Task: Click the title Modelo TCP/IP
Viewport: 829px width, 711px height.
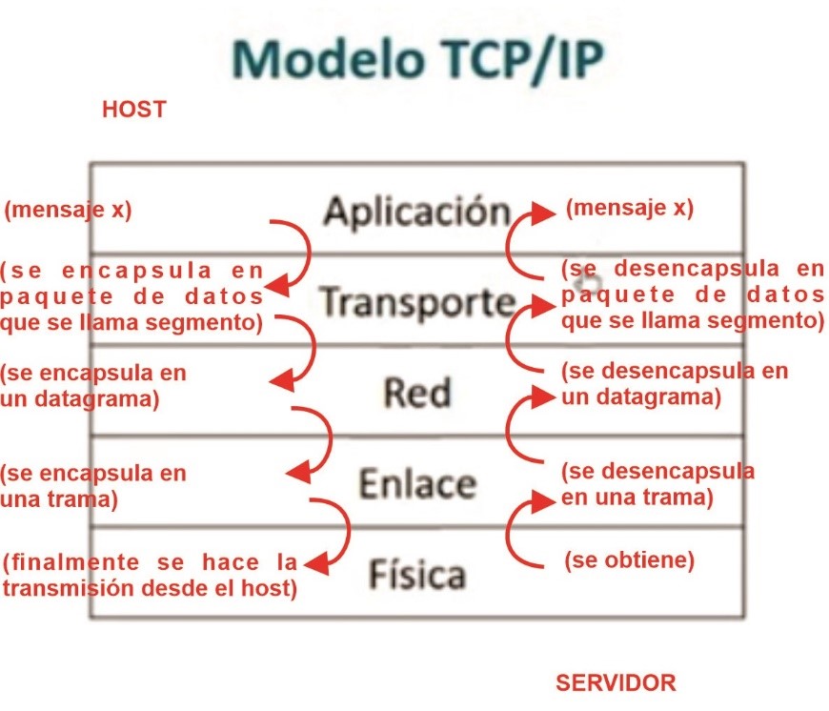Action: pyautogui.click(x=416, y=59)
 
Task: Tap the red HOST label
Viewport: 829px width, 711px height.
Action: pyautogui.click(x=133, y=110)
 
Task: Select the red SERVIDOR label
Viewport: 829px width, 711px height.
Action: pyautogui.click(x=616, y=682)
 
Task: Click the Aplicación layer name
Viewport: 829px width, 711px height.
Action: pyautogui.click(x=417, y=211)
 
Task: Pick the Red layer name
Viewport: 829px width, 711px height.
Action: pyautogui.click(x=416, y=392)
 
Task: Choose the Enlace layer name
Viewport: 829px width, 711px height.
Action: pyautogui.click(x=416, y=484)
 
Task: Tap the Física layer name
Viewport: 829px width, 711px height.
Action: pyautogui.click(x=416, y=575)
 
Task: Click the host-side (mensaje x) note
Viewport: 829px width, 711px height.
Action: pyautogui.click(x=68, y=211)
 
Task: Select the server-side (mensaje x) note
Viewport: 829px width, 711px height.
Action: pyautogui.click(x=630, y=208)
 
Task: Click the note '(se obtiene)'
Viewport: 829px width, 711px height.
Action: pyautogui.click(x=629, y=560)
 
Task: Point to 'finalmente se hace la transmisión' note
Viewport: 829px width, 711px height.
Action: pyautogui.click(x=151, y=575)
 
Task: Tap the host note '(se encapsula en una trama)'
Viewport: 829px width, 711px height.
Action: pyautogui.click(x=93, y=485)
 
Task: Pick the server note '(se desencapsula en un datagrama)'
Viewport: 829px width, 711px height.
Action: pyautogui.click(x=675, y=383)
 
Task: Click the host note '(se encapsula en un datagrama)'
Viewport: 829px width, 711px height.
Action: pyautogui.click(x=93, y=385)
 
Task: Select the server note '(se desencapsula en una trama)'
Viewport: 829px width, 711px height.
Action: pyautogui.click(x=657, y=483)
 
